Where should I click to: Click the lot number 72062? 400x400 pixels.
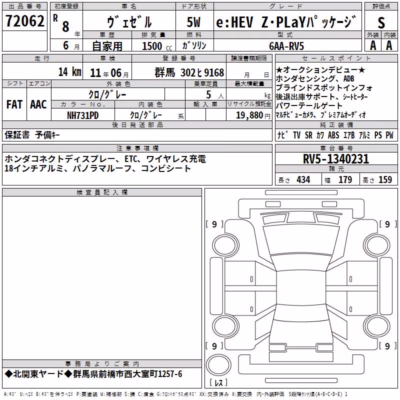(x=24, y=21)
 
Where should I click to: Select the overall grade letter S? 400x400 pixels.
(x=381, y=22)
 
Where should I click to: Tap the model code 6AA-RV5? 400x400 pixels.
(x=286, y=46)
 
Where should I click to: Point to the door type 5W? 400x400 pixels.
(x=193, y=22)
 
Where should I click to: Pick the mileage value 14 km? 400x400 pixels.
(x=69, y=71)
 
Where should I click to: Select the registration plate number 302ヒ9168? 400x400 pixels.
(x=202, y=72)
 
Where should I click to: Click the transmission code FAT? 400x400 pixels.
(x=14, y=104)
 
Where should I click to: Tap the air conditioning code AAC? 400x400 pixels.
(x=38, y=104)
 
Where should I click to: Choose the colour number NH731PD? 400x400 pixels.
(x=82, y=115)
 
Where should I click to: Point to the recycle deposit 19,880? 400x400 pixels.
(x=249, y=115)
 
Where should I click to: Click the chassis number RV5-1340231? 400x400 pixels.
(x=336, y=159)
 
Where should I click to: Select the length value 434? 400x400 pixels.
(x=303, y=179)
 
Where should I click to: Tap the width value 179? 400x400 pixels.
(x=345, y=179)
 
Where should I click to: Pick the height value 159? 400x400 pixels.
(x=385, y=179)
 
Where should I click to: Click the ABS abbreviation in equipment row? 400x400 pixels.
(x=333, y=135)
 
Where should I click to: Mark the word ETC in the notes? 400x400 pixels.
(x=131, y=159)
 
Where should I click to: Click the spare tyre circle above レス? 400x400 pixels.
(x=218, y=365)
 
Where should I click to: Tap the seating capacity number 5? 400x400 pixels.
(x=208, y=94)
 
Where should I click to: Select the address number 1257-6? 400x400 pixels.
(x=170, y=374)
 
